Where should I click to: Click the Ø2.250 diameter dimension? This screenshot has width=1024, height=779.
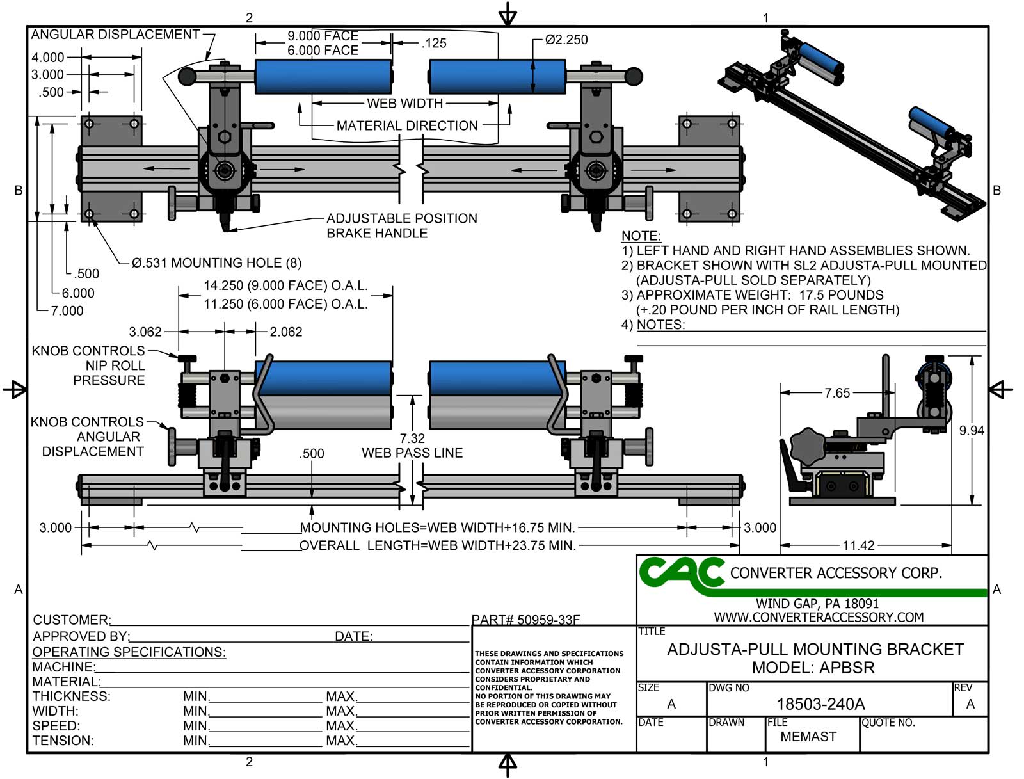pyautogui.click(x=566, y=40)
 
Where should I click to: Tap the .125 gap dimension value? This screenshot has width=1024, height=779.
pyautogui.click(x=434, y=44)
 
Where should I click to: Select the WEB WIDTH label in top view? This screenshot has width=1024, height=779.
pyautogui.click(x=404, y=103)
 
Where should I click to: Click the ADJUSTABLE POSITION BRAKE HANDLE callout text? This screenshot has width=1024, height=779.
pyautogui.click(x=401, y=226)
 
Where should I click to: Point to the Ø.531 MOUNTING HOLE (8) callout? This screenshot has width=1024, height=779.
pyautogui.click(x=216, y=263)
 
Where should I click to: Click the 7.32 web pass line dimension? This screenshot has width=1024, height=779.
pyautogui.click(x=412, y=438)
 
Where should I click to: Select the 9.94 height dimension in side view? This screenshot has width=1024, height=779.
pyautogui.click(x=971, y=431)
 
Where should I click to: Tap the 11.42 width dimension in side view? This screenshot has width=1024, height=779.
pyautogui.click(x=858, y=545)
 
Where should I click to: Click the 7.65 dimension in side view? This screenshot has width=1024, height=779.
pyautogui.click(x=837, y=393)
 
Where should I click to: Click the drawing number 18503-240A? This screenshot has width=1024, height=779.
pyautogui.click(x=820, y=704)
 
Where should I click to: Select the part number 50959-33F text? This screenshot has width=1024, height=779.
pyautogui.click(x=525, y=620)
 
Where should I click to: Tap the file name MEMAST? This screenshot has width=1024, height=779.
pyautogui.click(x=808, y=737)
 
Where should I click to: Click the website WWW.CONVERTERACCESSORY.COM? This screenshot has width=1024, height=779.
pyautogui.click(x=819, y=617)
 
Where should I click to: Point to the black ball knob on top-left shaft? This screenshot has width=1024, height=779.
pyautogui.click(x=188, y=77)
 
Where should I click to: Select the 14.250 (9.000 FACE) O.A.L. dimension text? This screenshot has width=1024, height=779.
pyautogui.click(x=285, y=285)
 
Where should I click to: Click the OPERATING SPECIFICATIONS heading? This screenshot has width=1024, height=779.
pyautogui.click(x=129, y=652)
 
